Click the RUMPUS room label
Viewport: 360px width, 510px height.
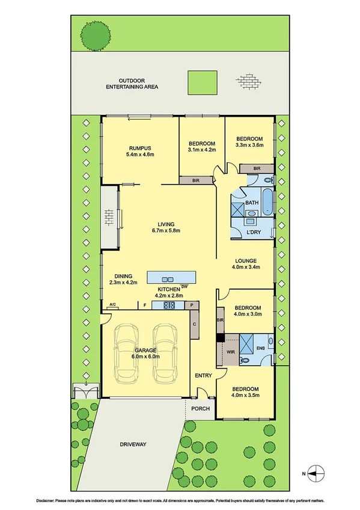[141, 148]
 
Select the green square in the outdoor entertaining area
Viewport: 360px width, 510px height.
[201, 81]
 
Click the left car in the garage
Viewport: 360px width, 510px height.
[126, 354]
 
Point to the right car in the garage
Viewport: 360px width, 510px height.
[164, 354]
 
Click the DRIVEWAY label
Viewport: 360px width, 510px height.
[132, 444]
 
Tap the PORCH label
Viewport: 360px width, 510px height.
[201, 409]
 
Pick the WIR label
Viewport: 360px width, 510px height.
[230, 351]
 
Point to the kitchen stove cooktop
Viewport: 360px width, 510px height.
[169, 306]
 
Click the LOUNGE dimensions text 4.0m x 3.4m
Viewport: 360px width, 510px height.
[246, 267]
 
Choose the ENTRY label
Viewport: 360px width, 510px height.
[203, 376]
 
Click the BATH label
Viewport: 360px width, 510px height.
[251, 203]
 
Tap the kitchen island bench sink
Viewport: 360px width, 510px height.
[169, 278]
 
